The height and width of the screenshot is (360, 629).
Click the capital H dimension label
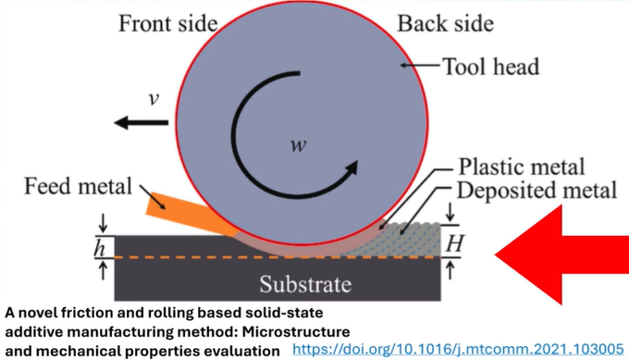point(452,244)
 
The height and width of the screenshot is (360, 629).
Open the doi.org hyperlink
point(458,350)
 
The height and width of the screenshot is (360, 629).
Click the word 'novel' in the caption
point(44,314)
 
